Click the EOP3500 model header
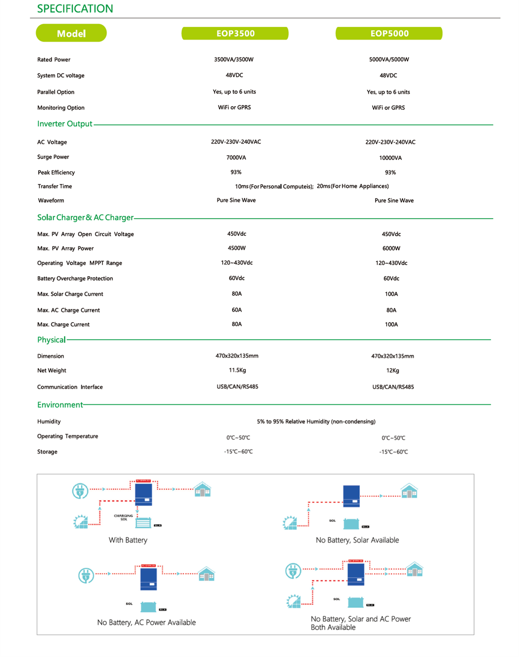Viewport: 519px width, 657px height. click(x=235, y=33)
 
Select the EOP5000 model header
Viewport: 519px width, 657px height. click(x=389, y=33)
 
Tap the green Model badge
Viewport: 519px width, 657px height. click(x=71, y=33)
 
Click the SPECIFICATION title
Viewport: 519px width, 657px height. click(x=75, y=9)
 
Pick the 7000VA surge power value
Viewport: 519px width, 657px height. click(x=236, y=157)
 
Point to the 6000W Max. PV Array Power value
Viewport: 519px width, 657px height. click(x=391, y=248)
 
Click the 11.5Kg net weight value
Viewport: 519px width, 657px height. click(x=237, y=370)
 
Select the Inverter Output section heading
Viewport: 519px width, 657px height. click(x=65, y=124)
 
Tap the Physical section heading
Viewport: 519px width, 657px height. click(x=51, y=340)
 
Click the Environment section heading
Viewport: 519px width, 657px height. click(x=60, y=405)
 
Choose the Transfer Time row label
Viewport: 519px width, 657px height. click(x=55, y=186)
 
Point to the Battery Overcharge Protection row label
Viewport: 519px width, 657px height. click(x=75, y=278)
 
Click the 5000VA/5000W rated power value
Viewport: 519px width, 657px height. click(x=389, y=59)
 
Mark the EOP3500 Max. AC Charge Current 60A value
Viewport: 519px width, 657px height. click(x=237, y=310)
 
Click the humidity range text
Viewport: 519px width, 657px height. click(x=316, y=421)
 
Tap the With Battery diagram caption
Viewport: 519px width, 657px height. click(x=128, y=540)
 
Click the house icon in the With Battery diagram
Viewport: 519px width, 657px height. click(x=202, y=490)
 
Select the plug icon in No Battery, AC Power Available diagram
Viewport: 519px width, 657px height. click(x=86, y=575)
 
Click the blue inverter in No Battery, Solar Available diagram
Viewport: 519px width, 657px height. click(x=351, y=496)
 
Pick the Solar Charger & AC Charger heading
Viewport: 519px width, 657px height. click(x=85, y=218)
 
